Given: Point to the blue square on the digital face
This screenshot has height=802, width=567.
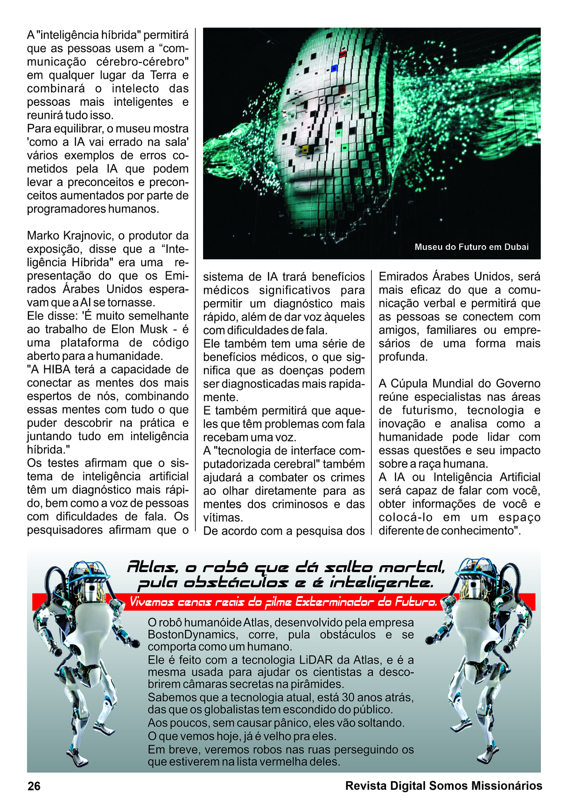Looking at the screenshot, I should pos(334,69).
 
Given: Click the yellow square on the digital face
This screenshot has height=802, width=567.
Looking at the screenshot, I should pos(306,149).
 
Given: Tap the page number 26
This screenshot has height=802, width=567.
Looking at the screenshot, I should pos(34,786).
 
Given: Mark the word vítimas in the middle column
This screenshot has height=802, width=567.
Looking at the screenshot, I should pos(223,518).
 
